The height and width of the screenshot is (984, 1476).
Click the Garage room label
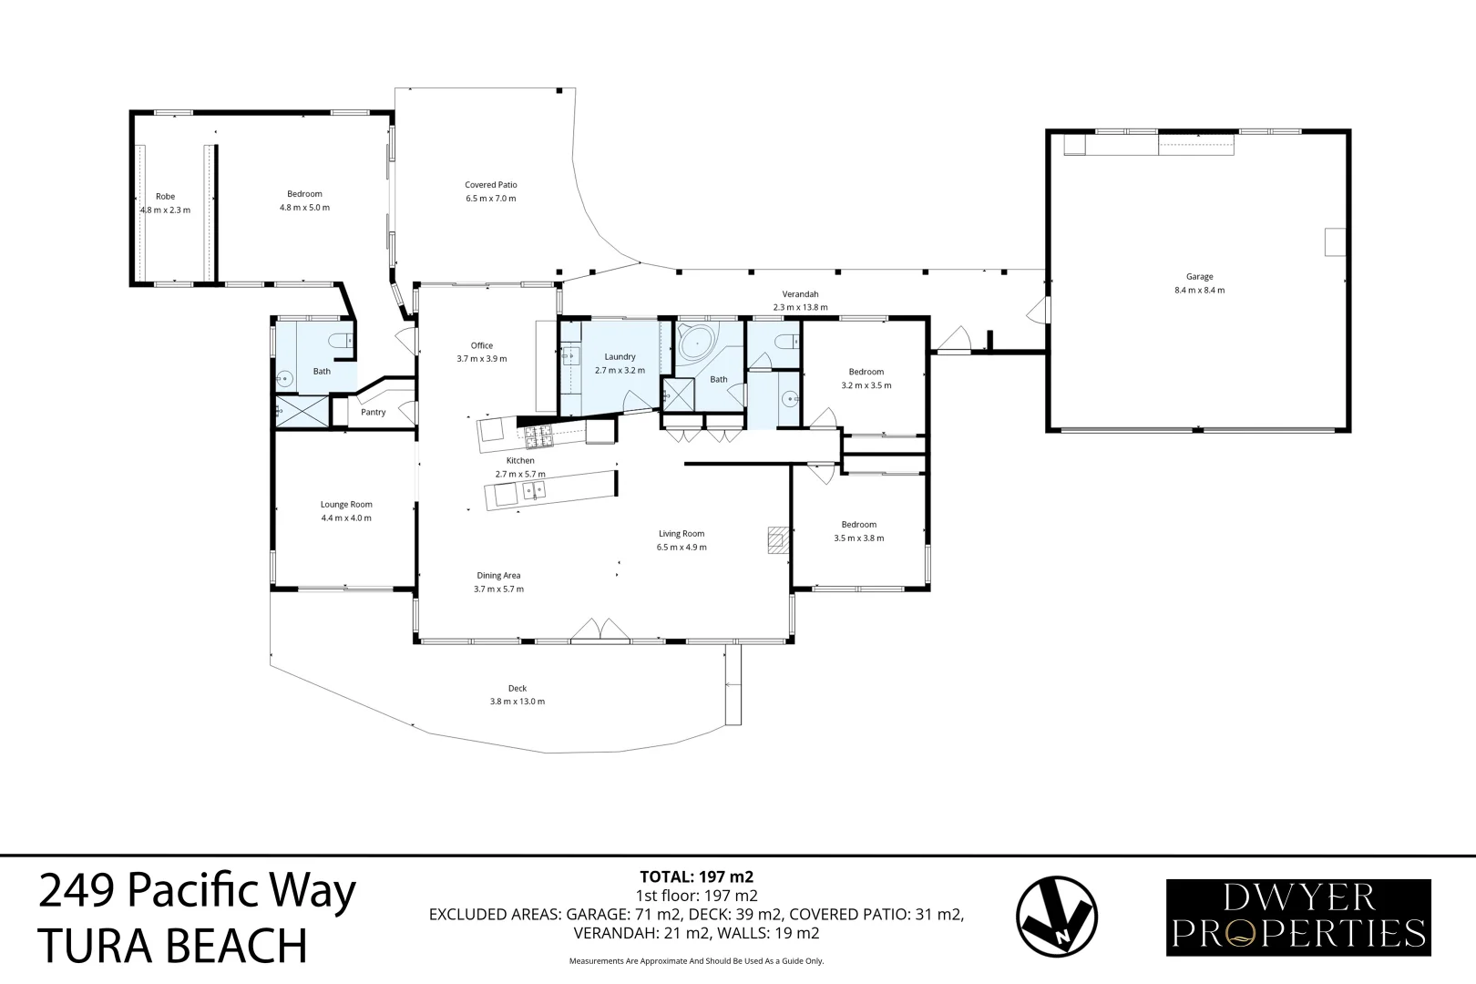click(x=1199, y=277)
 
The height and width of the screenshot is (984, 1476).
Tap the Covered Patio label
click(x=490, y=185)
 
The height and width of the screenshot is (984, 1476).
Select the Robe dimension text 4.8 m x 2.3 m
click(x=165, y=210)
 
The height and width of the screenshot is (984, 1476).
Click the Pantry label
click(x=373, y=413)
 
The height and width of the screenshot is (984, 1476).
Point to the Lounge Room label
click(x=346, y=505)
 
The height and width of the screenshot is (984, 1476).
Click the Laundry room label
click(x=620, y=357)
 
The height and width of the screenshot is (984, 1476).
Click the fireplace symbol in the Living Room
click(x=776, y=540)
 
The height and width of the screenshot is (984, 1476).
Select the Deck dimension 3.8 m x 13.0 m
click(x=517, y=702)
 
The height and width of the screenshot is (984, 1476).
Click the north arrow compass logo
click(x=1056, y=916)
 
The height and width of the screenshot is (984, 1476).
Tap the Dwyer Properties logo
click(x=1298, y=917)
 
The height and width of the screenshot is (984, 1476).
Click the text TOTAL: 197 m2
click(x=697, y=877)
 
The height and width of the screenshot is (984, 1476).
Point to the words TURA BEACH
click(x=172, y=946)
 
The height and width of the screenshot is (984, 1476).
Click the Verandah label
click(x=800, y=294)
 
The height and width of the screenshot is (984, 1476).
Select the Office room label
click(x=481, y=346)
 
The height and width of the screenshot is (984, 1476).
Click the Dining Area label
click(x=498, y=576)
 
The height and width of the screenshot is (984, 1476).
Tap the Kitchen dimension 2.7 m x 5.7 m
click(x=520, y=475)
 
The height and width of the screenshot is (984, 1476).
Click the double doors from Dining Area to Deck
click(x=600, y=630)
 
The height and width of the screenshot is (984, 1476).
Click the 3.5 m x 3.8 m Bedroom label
click(x=858, y=525)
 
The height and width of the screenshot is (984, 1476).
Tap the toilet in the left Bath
click(x=341, y=342)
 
